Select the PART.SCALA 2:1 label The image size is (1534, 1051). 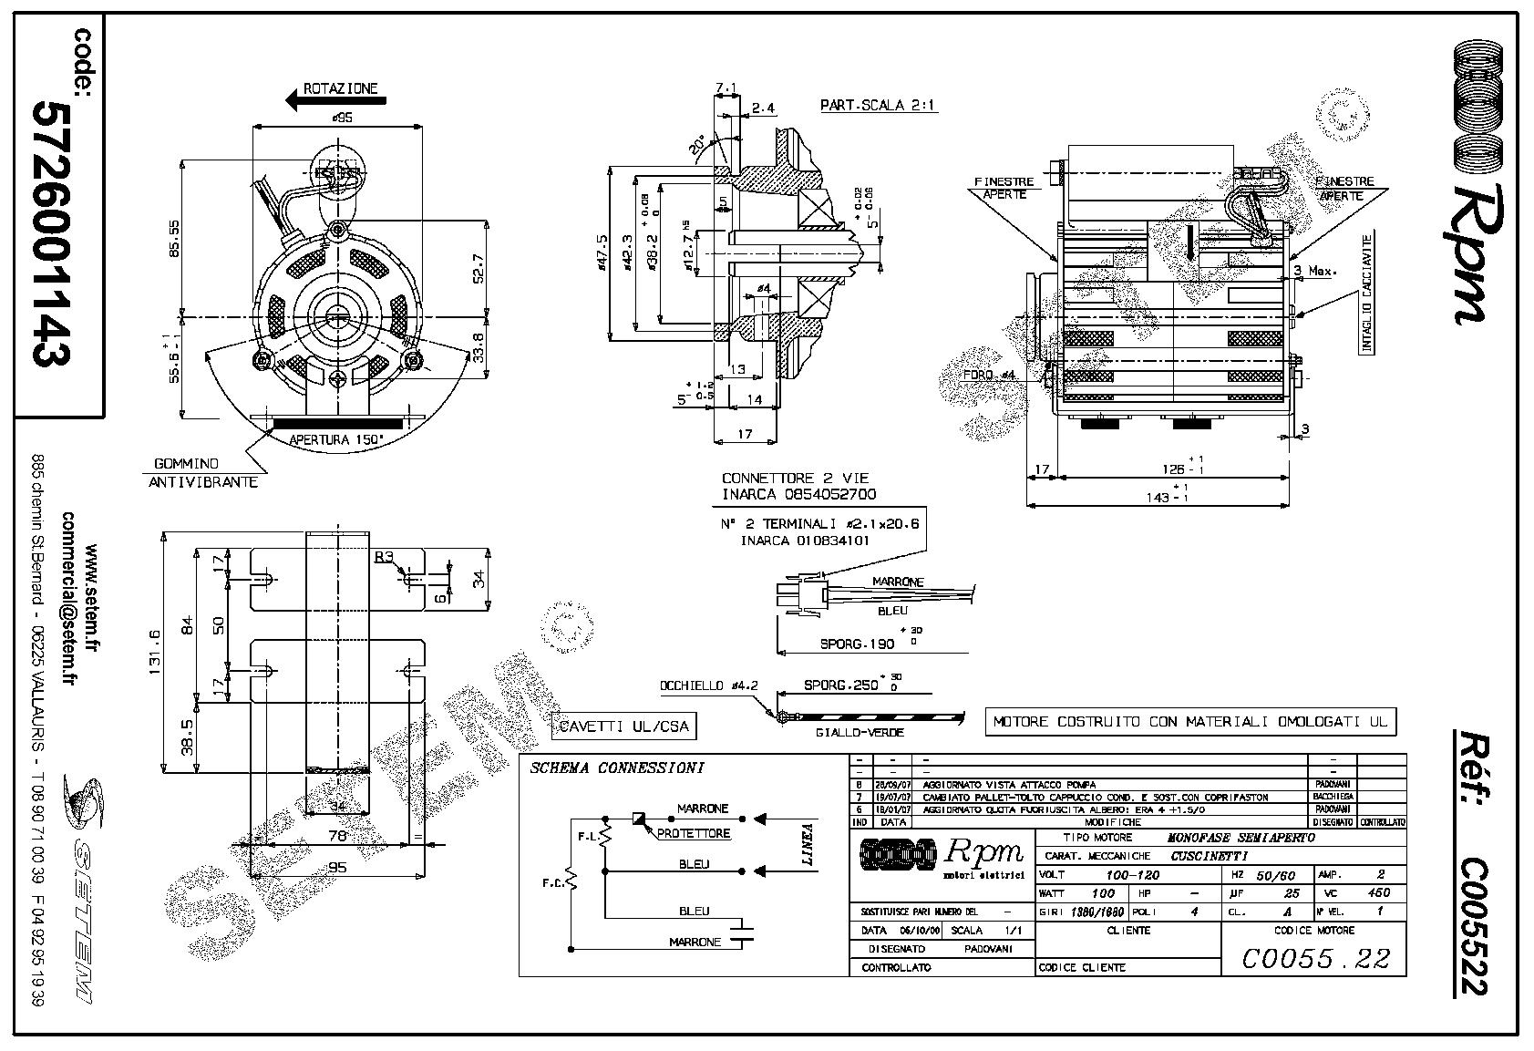click(878, 106)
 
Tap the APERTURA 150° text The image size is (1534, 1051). click(336, 439)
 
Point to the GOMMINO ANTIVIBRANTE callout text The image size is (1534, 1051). click(202, 473)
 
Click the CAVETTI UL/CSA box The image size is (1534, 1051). click(623, 726)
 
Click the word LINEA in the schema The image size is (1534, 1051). click(806, 844)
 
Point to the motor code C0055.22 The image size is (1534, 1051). click(1316, 957)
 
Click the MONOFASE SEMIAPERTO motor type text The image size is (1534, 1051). click(1241, 837)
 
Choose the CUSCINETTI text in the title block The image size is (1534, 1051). click(1209, 856)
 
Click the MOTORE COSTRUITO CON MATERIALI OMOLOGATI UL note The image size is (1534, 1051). click(1189, 721)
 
